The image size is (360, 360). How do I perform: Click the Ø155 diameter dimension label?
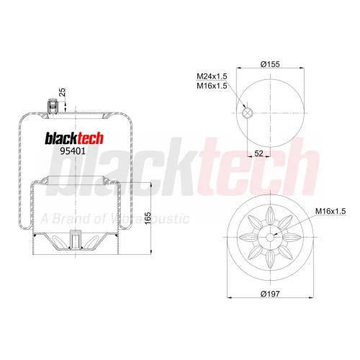point(270,64)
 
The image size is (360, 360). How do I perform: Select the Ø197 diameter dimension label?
point(270,294)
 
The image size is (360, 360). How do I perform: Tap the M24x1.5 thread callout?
point(212,76)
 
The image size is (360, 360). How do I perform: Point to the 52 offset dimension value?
point(258,153)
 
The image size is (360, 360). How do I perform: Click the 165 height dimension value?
point(148,218)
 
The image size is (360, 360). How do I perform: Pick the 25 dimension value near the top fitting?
point(62,92)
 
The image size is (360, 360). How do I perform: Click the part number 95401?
point(73,151)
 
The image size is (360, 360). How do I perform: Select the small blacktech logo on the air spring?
point(74,138)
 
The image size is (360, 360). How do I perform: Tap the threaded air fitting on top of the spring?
point(53,105)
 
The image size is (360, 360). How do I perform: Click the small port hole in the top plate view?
point(247,113)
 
